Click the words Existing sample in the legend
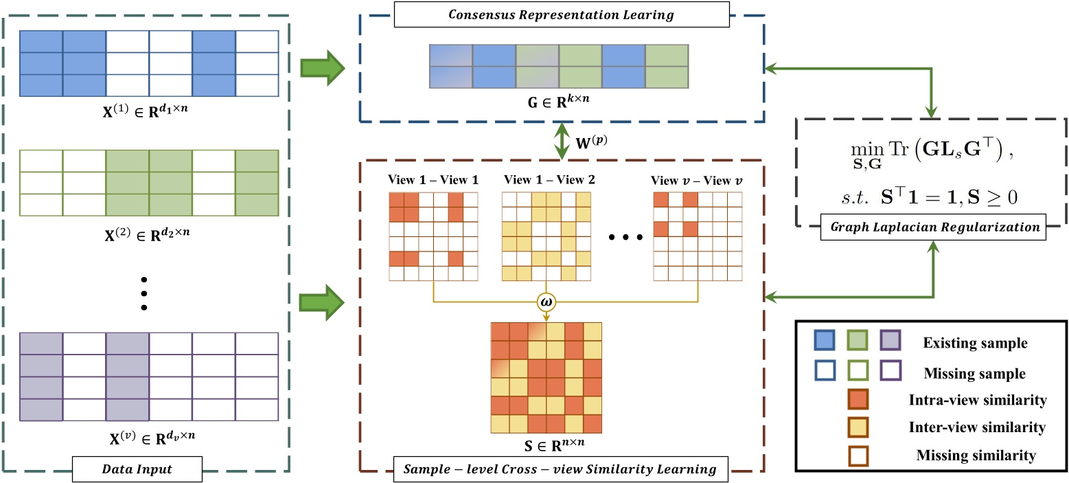[973, 341]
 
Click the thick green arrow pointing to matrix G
[321, 69]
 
